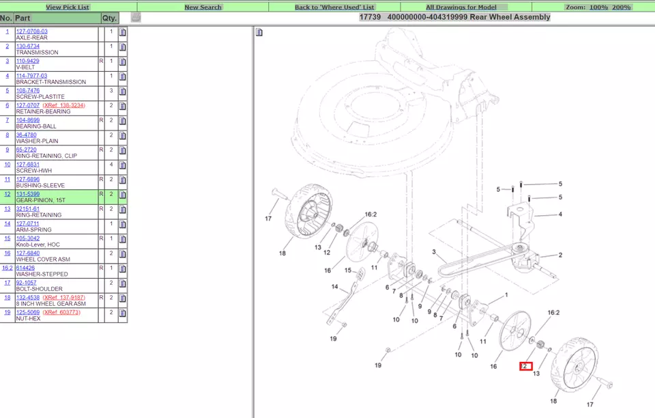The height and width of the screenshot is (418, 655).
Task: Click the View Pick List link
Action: pyautogui.click(x=67, y=7)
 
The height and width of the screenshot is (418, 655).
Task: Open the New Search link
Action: pyautogui.click(x=203, y=7)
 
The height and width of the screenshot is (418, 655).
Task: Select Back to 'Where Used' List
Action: pyautogui.click(x=334, y=7)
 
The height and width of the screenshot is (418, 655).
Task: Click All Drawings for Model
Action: pyautogui.click(x=462, y=7)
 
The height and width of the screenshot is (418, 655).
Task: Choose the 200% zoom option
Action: pyautogui.click(x=621, y=7)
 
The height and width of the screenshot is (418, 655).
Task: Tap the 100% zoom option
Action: pyautogui.click(x=598, y=7)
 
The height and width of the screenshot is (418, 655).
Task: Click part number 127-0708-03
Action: pyautogui.click(x=32, y=31)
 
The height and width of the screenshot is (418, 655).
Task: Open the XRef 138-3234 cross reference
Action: pyautogui.click(x=64, y=105)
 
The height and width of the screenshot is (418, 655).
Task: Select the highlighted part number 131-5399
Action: pyautogui.click(x=28, y=194)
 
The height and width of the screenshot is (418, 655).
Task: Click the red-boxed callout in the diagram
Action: pyautogui.click(x=525, y=366)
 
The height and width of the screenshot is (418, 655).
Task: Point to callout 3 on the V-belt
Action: pyautogui.click(x=433, y=252)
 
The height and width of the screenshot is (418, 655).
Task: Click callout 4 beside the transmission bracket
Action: pyautogui.click(x=560, y=214)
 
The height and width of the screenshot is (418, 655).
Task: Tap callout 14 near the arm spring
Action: pyautogui.click(x=334, y=287)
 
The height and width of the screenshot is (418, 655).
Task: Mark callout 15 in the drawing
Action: pyautogui.click(x=347, y=270)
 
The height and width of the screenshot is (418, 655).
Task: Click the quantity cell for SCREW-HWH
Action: pyautogui.click(x=111, y=165)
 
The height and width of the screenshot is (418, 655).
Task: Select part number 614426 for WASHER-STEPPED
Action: pyautogui.click(x=25, y=268)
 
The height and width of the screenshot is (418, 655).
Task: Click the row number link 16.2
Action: pyautogui.click(x=7, y=268)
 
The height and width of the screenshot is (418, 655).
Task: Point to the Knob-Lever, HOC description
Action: pyautogui.click(x=38, y=245)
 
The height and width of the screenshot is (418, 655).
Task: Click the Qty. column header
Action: pyautogui.click(x=109, y=18)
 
